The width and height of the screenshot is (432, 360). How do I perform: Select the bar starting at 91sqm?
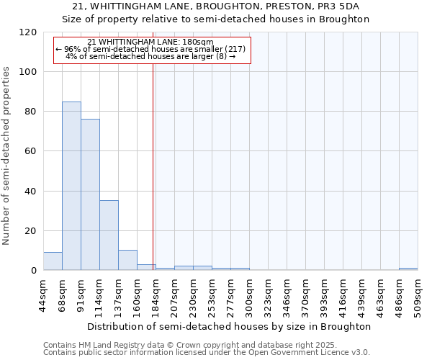[x=90, y=194]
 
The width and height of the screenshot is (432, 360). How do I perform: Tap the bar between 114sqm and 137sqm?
[x=109, y=235]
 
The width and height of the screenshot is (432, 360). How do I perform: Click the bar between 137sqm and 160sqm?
[x=127, y=260]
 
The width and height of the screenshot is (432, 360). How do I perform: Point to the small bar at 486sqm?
[x=408, y=269]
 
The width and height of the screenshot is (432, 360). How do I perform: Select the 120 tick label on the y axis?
[x=28, y=32]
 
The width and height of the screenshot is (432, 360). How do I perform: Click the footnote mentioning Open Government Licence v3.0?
[x=207, y=353]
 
